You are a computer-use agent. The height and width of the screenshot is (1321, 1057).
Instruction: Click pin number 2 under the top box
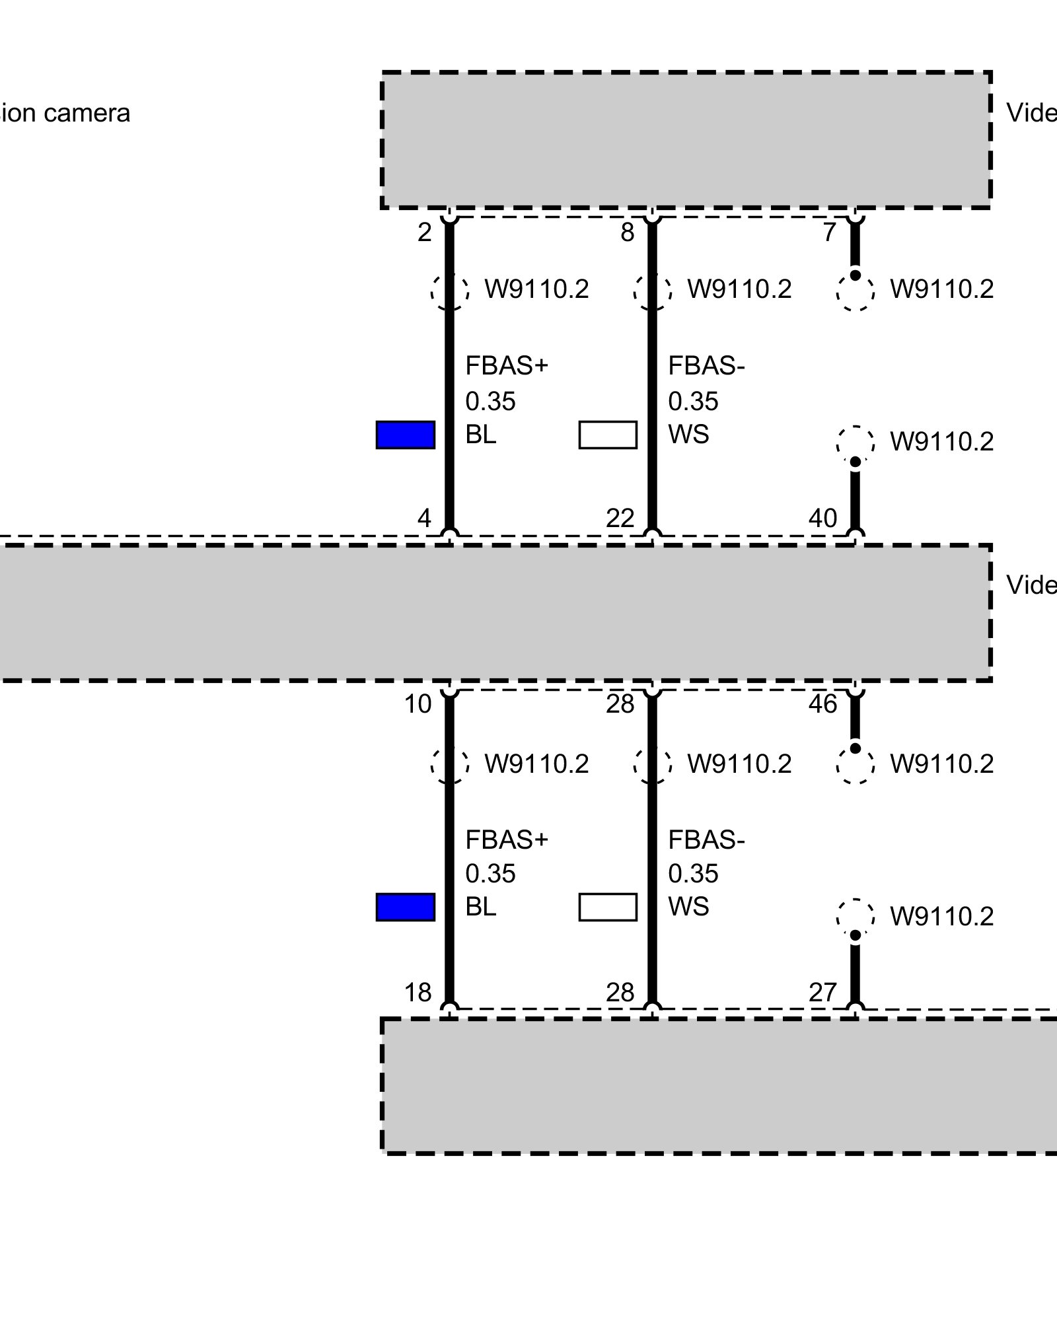point(424,232)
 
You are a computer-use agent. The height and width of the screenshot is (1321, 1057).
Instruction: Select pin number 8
point(627,232)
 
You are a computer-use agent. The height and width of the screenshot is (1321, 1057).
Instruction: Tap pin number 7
point(830,232)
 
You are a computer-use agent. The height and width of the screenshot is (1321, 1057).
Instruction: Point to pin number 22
point(620,518)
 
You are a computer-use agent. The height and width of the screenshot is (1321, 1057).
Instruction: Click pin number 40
point(822,518)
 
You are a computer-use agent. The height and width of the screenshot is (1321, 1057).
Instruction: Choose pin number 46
point(822,705)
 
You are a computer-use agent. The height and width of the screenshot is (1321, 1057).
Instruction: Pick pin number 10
point(418,705)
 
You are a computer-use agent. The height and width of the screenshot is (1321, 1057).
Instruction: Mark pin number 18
point(418,992)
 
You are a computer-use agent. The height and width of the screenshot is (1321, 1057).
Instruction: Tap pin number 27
point(822,992)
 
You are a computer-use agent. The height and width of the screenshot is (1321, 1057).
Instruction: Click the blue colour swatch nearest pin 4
point(405,435)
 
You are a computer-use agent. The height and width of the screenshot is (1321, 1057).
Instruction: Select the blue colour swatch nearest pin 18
point(405,907)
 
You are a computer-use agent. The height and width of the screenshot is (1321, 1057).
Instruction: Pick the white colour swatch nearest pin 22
point(608,435)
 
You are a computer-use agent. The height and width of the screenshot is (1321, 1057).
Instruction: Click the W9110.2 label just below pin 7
point(941,289)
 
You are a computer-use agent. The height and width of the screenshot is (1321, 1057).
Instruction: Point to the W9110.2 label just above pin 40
point(941,442)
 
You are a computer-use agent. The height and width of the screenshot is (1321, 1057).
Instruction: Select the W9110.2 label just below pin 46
point(941,764)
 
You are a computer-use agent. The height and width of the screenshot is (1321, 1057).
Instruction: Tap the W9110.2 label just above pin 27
point(941,916)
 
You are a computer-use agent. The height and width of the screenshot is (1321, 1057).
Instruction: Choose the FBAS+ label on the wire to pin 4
point(507,365)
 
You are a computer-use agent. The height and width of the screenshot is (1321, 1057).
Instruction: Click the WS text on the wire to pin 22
point(688,435)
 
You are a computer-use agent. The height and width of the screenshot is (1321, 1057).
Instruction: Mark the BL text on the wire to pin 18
point(480,907)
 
